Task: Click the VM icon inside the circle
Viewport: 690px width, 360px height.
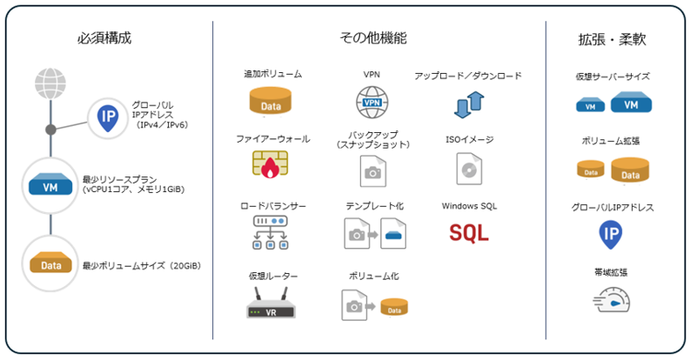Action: coord(51,185)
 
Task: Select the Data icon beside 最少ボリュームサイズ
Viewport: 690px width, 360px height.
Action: coord(51,263)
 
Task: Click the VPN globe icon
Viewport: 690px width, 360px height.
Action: coord(372,102)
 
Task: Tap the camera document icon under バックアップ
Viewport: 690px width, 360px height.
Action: coord(372,170)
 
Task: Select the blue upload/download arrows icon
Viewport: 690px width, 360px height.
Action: coord(468,103)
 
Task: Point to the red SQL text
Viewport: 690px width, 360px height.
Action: coord(469,233)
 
